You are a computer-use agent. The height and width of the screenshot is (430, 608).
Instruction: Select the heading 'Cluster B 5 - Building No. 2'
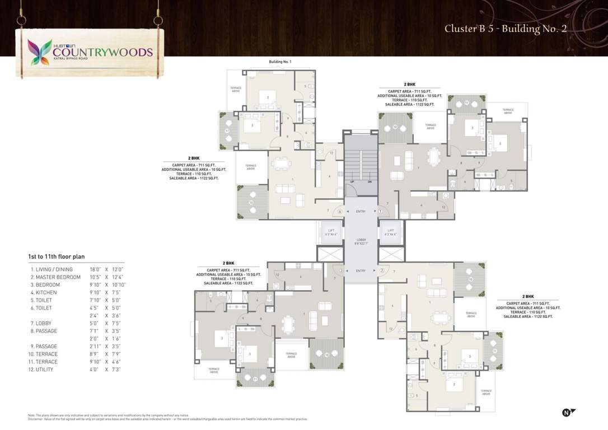click(x=506, y=29)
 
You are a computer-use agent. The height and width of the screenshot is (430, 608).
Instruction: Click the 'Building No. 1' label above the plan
click(x=280, y=61)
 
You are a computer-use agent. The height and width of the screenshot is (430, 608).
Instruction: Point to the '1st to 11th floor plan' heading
click(x=57, y=256)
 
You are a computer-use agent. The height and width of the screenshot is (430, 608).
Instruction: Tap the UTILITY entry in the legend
click(x=44, y=370)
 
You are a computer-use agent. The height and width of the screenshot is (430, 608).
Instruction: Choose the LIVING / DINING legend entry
click(x=52, y=269)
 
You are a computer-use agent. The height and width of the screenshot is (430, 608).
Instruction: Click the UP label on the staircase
click(x=352, y=182)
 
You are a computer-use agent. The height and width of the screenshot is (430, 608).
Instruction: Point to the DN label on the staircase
click(x=370, y=182)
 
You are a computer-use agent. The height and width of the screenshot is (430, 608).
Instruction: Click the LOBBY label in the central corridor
click(x=361, y=239)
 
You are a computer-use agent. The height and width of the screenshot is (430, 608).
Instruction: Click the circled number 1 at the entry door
click(x=380, y=211)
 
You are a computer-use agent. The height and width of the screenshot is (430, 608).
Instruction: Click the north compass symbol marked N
click(x=568, y=413)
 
